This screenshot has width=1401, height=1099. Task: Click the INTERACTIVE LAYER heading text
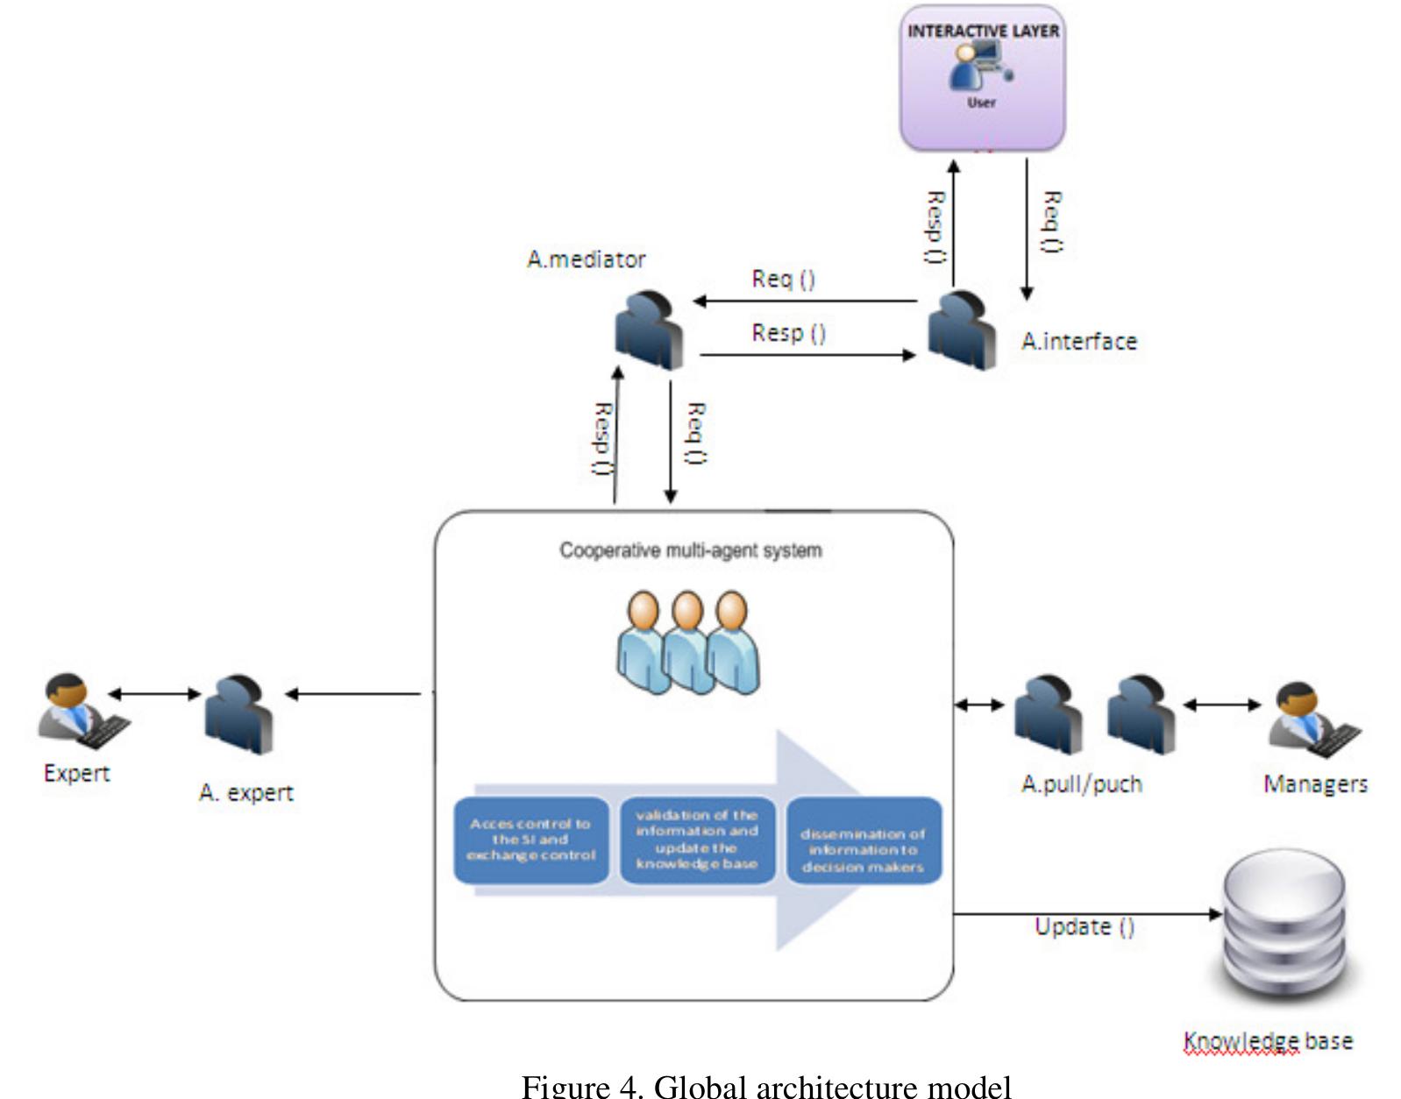click(x=983, y=32)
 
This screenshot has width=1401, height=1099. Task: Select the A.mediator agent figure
click(x=650, y=329)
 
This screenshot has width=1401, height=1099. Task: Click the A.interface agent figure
click(x=962, y=330)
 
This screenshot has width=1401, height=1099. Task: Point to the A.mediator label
click(x=586, y=259)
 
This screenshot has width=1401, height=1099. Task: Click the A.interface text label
click(x=1078, y=341)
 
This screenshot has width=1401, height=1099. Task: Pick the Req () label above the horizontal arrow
click(x=783, y=279)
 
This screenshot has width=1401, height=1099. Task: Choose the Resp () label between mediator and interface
click(x=788, y=333)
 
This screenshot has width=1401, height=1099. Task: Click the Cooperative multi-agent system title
click(x=691, y=550)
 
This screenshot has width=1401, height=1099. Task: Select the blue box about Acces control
click(x=531, y=840)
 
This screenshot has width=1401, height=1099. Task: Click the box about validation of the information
click(x=697, y=840)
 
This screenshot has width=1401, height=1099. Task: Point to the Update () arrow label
click(x=1085, y=926)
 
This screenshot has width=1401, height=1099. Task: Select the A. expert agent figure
click(x=238, y=714)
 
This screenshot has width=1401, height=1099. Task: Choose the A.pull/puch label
click(x=1082, y=783)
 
